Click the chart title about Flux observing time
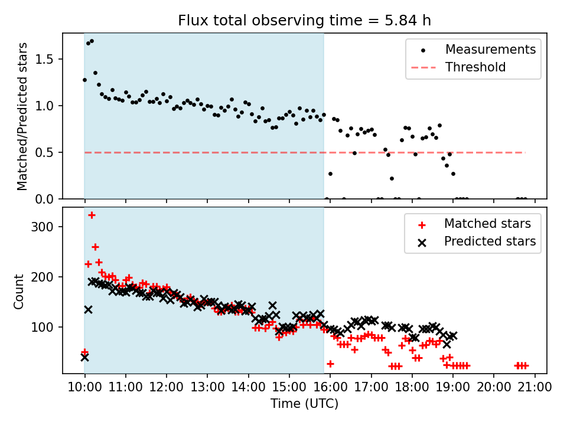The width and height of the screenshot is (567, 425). pos(304,21)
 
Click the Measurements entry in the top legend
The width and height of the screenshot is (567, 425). pos(490,49)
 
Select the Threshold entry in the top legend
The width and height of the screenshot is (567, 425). pos(475,67)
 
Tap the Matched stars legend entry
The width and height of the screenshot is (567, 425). pos(487,224)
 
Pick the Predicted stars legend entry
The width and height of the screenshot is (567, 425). pos(490,241)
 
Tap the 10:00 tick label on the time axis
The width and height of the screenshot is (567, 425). pos(84,387)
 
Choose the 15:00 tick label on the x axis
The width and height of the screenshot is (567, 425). pos(289,387)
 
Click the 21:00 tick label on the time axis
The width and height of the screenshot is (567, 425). pos(535,387)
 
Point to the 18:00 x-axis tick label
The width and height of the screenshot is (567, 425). pos(412,387)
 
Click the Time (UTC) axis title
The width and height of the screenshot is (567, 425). pos(304,404)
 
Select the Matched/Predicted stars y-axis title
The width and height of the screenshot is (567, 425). pos(22,116)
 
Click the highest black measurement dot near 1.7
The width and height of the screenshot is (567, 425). pos(92,41)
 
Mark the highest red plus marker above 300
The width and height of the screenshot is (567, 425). pos(92,215)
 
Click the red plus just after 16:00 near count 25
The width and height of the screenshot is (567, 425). pos(330,364)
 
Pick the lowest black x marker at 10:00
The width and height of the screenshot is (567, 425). pos(84,357)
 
